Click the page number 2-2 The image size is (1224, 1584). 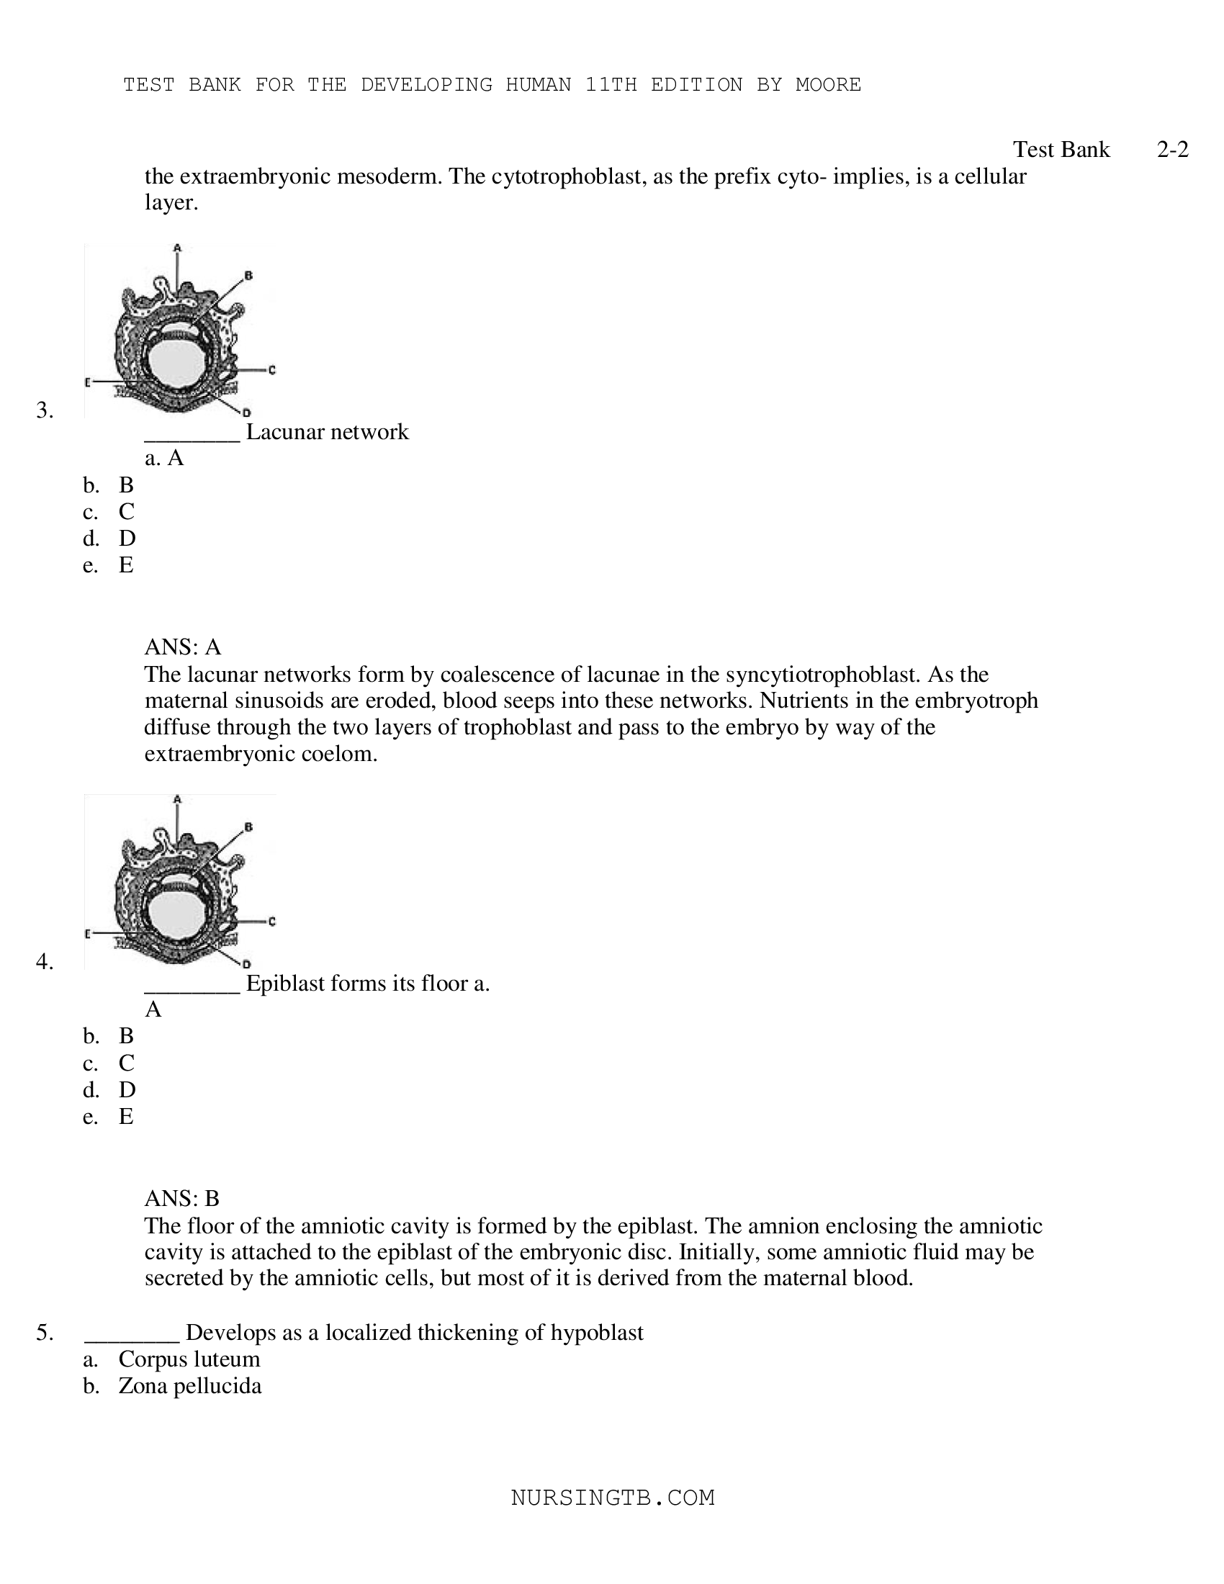tap(1171, 150)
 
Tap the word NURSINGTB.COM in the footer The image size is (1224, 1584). tap(613, 1498)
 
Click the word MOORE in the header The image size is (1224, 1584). tap(828, 85)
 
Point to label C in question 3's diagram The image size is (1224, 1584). tap(272, 370)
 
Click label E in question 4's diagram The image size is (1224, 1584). tap(88, 933)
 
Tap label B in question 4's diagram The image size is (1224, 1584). tap(248, 827)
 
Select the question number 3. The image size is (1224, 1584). tap(45, 410)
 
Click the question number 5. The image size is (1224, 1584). tap(45, 1332)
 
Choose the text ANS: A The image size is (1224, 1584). tap(183, 647)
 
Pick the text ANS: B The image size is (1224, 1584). tap(182, 1197)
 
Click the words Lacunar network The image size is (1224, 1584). tap(327, 432)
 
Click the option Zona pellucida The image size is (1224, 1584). tap(190, 1386)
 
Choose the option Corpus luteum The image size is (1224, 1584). tap(189, 1359)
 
